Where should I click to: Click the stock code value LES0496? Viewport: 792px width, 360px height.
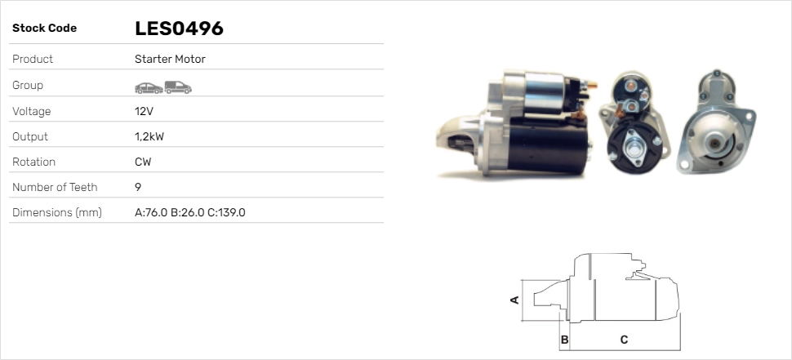coord(179,29)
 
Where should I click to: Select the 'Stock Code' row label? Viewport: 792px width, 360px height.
coord(44,29)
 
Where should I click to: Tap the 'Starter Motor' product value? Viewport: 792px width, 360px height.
coord(170,59)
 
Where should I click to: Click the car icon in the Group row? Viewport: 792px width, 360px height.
coord(148,87)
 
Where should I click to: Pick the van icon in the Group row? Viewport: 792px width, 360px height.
coord(177,87)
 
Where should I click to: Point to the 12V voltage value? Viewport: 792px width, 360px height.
coord(144,111)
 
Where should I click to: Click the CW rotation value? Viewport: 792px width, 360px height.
coord(143,162)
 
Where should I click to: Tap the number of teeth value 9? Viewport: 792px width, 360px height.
coord(138,187)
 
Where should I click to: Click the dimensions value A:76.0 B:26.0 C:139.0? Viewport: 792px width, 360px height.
coord(189,212)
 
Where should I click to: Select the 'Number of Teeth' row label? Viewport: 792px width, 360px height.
coord(55,187)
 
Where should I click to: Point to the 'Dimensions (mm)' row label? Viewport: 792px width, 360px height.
coord(56,212)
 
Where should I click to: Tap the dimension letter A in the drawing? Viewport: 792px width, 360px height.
coord(514,300)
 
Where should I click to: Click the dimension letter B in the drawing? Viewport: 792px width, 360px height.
coord(564,339)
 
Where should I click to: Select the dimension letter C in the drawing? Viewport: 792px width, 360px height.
coord(624,339)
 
